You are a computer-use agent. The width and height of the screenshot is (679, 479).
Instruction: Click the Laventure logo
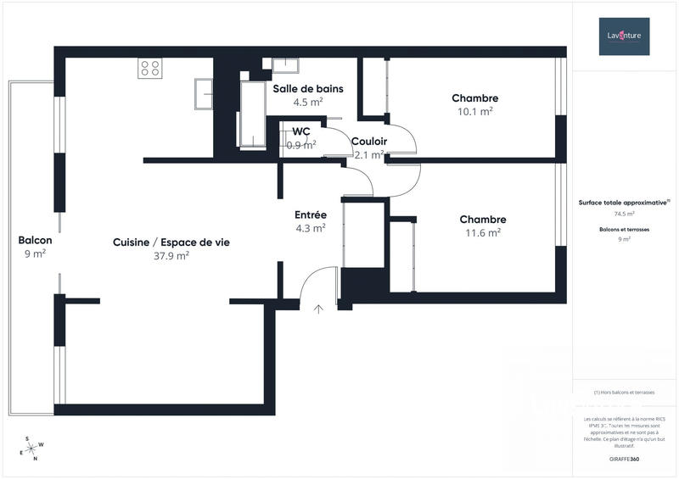[624, 36]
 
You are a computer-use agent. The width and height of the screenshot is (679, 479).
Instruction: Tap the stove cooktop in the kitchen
[150, 68]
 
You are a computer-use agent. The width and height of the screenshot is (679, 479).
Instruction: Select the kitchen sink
[203, 93]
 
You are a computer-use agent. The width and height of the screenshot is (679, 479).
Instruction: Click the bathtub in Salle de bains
[252, 114]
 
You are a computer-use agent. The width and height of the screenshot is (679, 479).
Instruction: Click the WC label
[301, 131]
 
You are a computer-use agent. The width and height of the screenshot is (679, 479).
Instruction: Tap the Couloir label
[369, 142]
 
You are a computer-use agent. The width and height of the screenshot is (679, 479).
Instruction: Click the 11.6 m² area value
[482, 232]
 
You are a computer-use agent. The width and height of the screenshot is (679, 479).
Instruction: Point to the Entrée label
[311, 214]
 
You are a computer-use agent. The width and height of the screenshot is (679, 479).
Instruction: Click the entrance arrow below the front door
[318, 309]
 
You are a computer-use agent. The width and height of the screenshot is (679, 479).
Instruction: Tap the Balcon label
[35, 240]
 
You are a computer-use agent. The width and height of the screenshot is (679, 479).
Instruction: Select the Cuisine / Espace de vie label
[171, 242]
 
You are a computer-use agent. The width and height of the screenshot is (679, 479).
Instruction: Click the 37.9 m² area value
[171, 255]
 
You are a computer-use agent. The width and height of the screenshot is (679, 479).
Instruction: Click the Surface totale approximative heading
[624, 203]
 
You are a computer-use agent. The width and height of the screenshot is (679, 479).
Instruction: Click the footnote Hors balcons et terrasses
[624, 393]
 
